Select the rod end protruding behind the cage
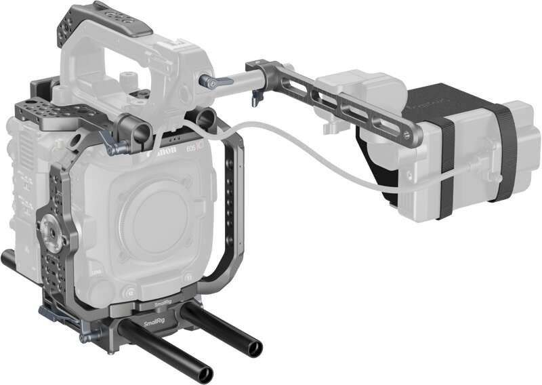coord(9,258)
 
